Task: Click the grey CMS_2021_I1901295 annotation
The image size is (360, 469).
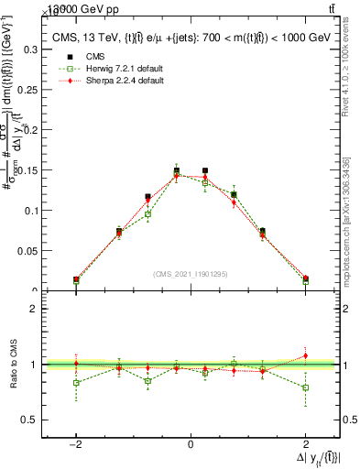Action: tap(190, 274)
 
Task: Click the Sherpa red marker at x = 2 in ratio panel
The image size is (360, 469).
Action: tap(305, 355)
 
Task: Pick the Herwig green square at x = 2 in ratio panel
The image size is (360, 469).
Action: tap(305, 387)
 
